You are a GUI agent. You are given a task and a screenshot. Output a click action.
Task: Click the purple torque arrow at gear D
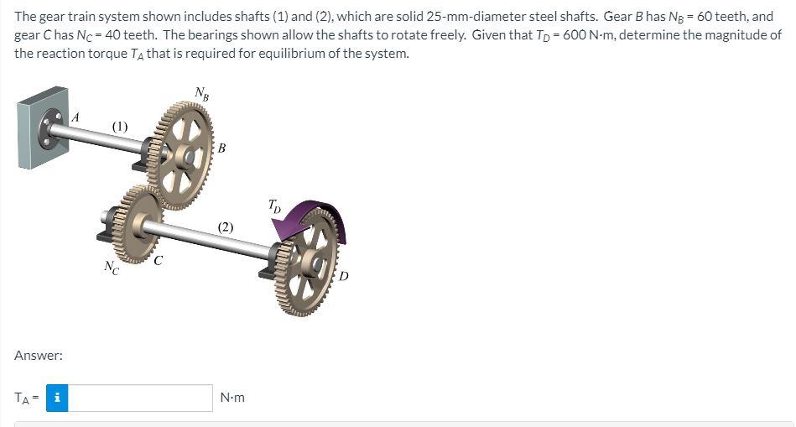click(325, 209)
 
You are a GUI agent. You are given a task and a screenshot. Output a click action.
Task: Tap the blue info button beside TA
click(57, 398)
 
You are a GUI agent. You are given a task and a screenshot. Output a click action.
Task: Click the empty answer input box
click(140, 398)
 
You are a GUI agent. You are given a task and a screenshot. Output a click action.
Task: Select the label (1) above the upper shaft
click(120, 126)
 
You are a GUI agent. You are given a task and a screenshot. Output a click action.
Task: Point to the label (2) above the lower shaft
click(226, 227)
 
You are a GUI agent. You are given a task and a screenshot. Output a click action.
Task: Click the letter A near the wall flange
click(75, 117)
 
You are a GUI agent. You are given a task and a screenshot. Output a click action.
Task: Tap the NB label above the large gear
click(201, 93)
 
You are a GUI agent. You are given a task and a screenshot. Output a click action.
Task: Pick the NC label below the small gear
click(112, 267)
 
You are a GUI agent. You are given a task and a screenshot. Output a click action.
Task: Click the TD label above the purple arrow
click(273, 206)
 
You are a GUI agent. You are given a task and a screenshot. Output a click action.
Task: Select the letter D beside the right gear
click(344, 276)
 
